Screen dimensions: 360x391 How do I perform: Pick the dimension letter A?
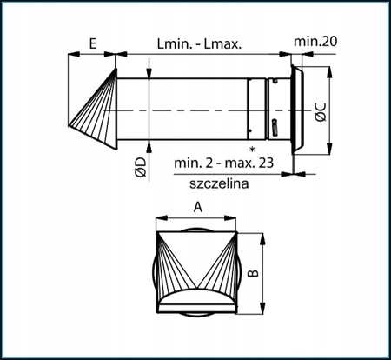[197, 208]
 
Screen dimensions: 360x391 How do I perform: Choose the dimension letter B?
[253, 272]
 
